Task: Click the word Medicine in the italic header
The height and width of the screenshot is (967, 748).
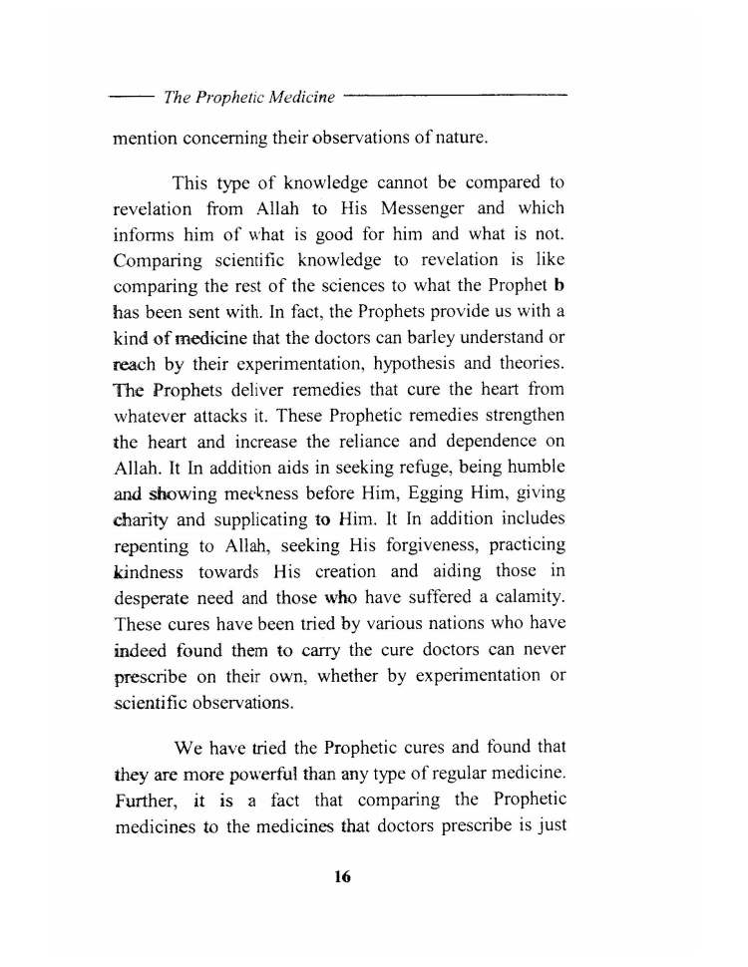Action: tap(296, 98)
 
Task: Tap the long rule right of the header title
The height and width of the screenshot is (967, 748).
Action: tap(455, 96)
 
